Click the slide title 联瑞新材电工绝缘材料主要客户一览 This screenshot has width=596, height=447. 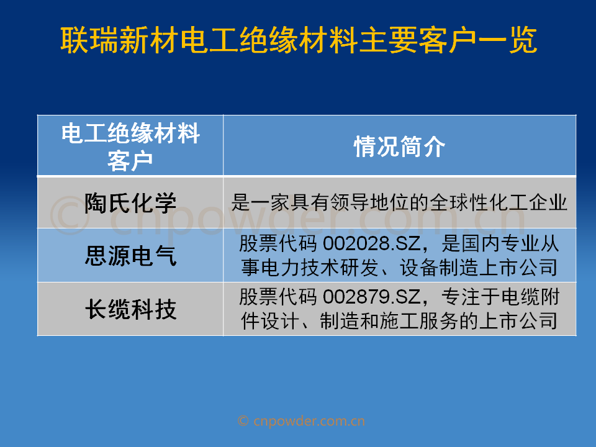point(299,40)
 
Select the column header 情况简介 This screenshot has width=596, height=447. point(399,147)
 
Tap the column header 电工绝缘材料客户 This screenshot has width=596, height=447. point(130,147)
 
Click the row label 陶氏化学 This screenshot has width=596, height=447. point(130,202)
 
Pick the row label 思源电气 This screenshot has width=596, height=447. point(130,255)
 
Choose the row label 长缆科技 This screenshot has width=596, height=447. point(130,309)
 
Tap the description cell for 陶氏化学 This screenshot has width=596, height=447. point(399,202)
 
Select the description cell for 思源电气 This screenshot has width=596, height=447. point(399,255)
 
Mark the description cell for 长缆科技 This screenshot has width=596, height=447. point(399,309)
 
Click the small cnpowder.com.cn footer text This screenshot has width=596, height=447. point(309,421)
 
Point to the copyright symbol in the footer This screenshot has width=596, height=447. point(243,421)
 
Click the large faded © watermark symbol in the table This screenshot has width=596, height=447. point(70,215)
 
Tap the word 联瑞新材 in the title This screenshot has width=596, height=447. point(119,40)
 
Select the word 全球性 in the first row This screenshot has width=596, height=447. point(459,202)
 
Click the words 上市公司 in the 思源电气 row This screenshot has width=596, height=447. point(518,268)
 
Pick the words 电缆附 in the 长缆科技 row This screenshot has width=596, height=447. point(531,297)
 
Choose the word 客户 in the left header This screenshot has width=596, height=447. point(130,161)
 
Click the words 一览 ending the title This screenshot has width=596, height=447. point(507,40)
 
